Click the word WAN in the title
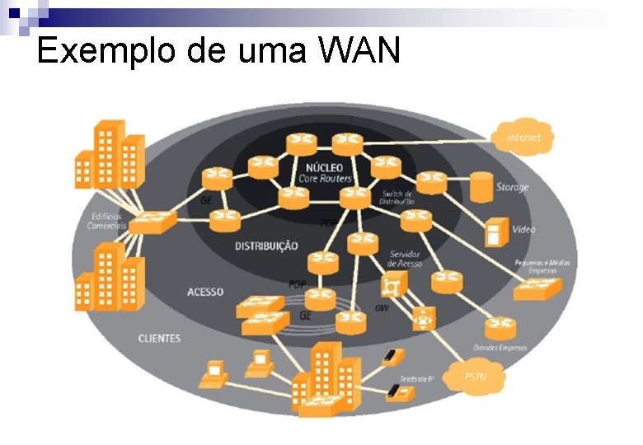pos(359,50)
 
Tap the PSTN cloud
pos(475,377)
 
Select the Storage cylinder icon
pos(481,187)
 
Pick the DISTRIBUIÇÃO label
pos(266,246)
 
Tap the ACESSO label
pos(205,292)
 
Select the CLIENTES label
pos(159,338)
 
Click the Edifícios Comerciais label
pos(107,220)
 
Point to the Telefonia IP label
pos(415,378)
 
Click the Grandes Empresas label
pos(500,347)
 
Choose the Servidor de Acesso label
pos(405,258)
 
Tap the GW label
pos(382,307)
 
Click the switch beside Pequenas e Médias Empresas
pos(537,287)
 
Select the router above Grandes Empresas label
pos(500,327)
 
